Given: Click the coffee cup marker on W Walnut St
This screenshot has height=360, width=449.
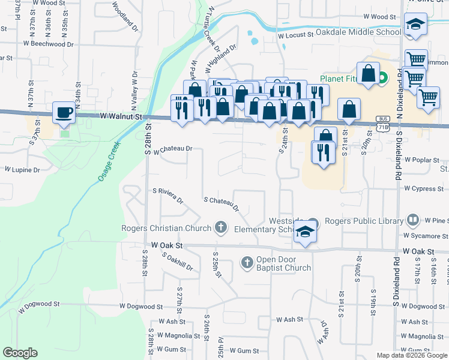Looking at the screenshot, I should pos(64,112).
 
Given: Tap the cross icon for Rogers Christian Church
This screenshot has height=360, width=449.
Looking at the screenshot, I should pos(221,227).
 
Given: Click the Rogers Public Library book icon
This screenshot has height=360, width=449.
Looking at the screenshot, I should pos(412,221).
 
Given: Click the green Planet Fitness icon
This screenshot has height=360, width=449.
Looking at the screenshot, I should pos(382,77).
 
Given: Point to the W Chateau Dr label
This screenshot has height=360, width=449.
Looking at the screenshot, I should pos(172,149).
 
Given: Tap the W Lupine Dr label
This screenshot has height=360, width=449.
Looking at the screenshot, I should pos(22,170).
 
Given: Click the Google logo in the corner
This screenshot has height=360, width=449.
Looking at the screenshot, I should pos(20,353).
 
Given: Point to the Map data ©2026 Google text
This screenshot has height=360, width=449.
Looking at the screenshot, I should pos(411,355).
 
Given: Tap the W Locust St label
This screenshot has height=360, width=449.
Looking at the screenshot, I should pos(296,35).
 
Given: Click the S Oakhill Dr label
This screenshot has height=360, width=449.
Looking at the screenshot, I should pos(177,261).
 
